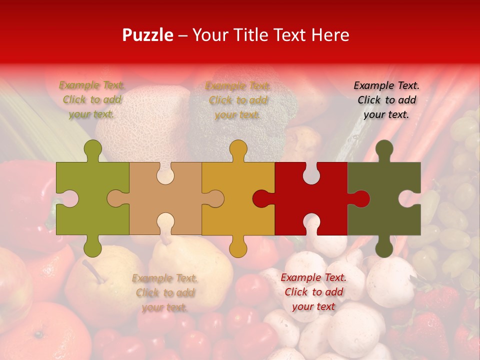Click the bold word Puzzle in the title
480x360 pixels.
[x=148, y=35]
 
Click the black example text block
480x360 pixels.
[x=386, y=100]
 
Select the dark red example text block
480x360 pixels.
[x=313, y=292]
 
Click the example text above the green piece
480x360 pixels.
[x=92, y=100]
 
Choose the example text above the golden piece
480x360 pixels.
[x=238, y=100]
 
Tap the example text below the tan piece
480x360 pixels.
[x=165, y=293]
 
